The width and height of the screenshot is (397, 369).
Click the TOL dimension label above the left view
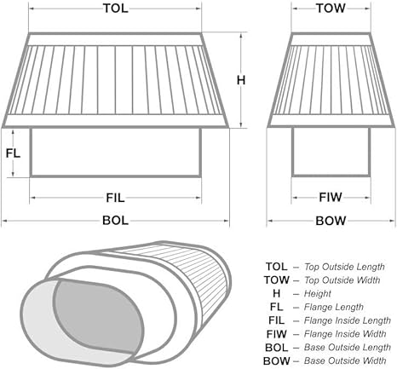click(115, 9)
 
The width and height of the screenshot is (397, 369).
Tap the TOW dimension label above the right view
click(331, 9)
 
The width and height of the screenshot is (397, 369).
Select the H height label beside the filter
click(241, 80)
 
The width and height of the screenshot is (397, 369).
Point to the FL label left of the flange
click(14, 153)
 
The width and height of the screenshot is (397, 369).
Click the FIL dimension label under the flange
click(115, 198)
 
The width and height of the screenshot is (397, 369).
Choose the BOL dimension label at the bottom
click(115, 221)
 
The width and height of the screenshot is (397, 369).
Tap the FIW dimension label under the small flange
click(331, 197)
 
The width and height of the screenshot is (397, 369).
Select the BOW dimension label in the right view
click(331, 221)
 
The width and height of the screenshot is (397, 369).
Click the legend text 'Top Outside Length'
click(344, 267)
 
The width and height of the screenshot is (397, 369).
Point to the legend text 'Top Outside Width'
click(342, 280)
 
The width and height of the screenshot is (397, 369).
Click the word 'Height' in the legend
click(318, 294)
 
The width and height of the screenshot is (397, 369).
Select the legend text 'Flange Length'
click(334, 307)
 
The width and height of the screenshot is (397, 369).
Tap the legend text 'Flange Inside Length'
click(348, 320)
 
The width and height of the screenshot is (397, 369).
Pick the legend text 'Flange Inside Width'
click(345, 334)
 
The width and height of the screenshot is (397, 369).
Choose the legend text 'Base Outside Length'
click(348, 348)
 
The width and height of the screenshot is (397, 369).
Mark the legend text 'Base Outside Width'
click(345, 360)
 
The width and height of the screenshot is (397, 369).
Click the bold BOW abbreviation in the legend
click(277, 361)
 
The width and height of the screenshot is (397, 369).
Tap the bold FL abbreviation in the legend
click(276, 307)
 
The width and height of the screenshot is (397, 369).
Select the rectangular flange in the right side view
click(331, 152)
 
